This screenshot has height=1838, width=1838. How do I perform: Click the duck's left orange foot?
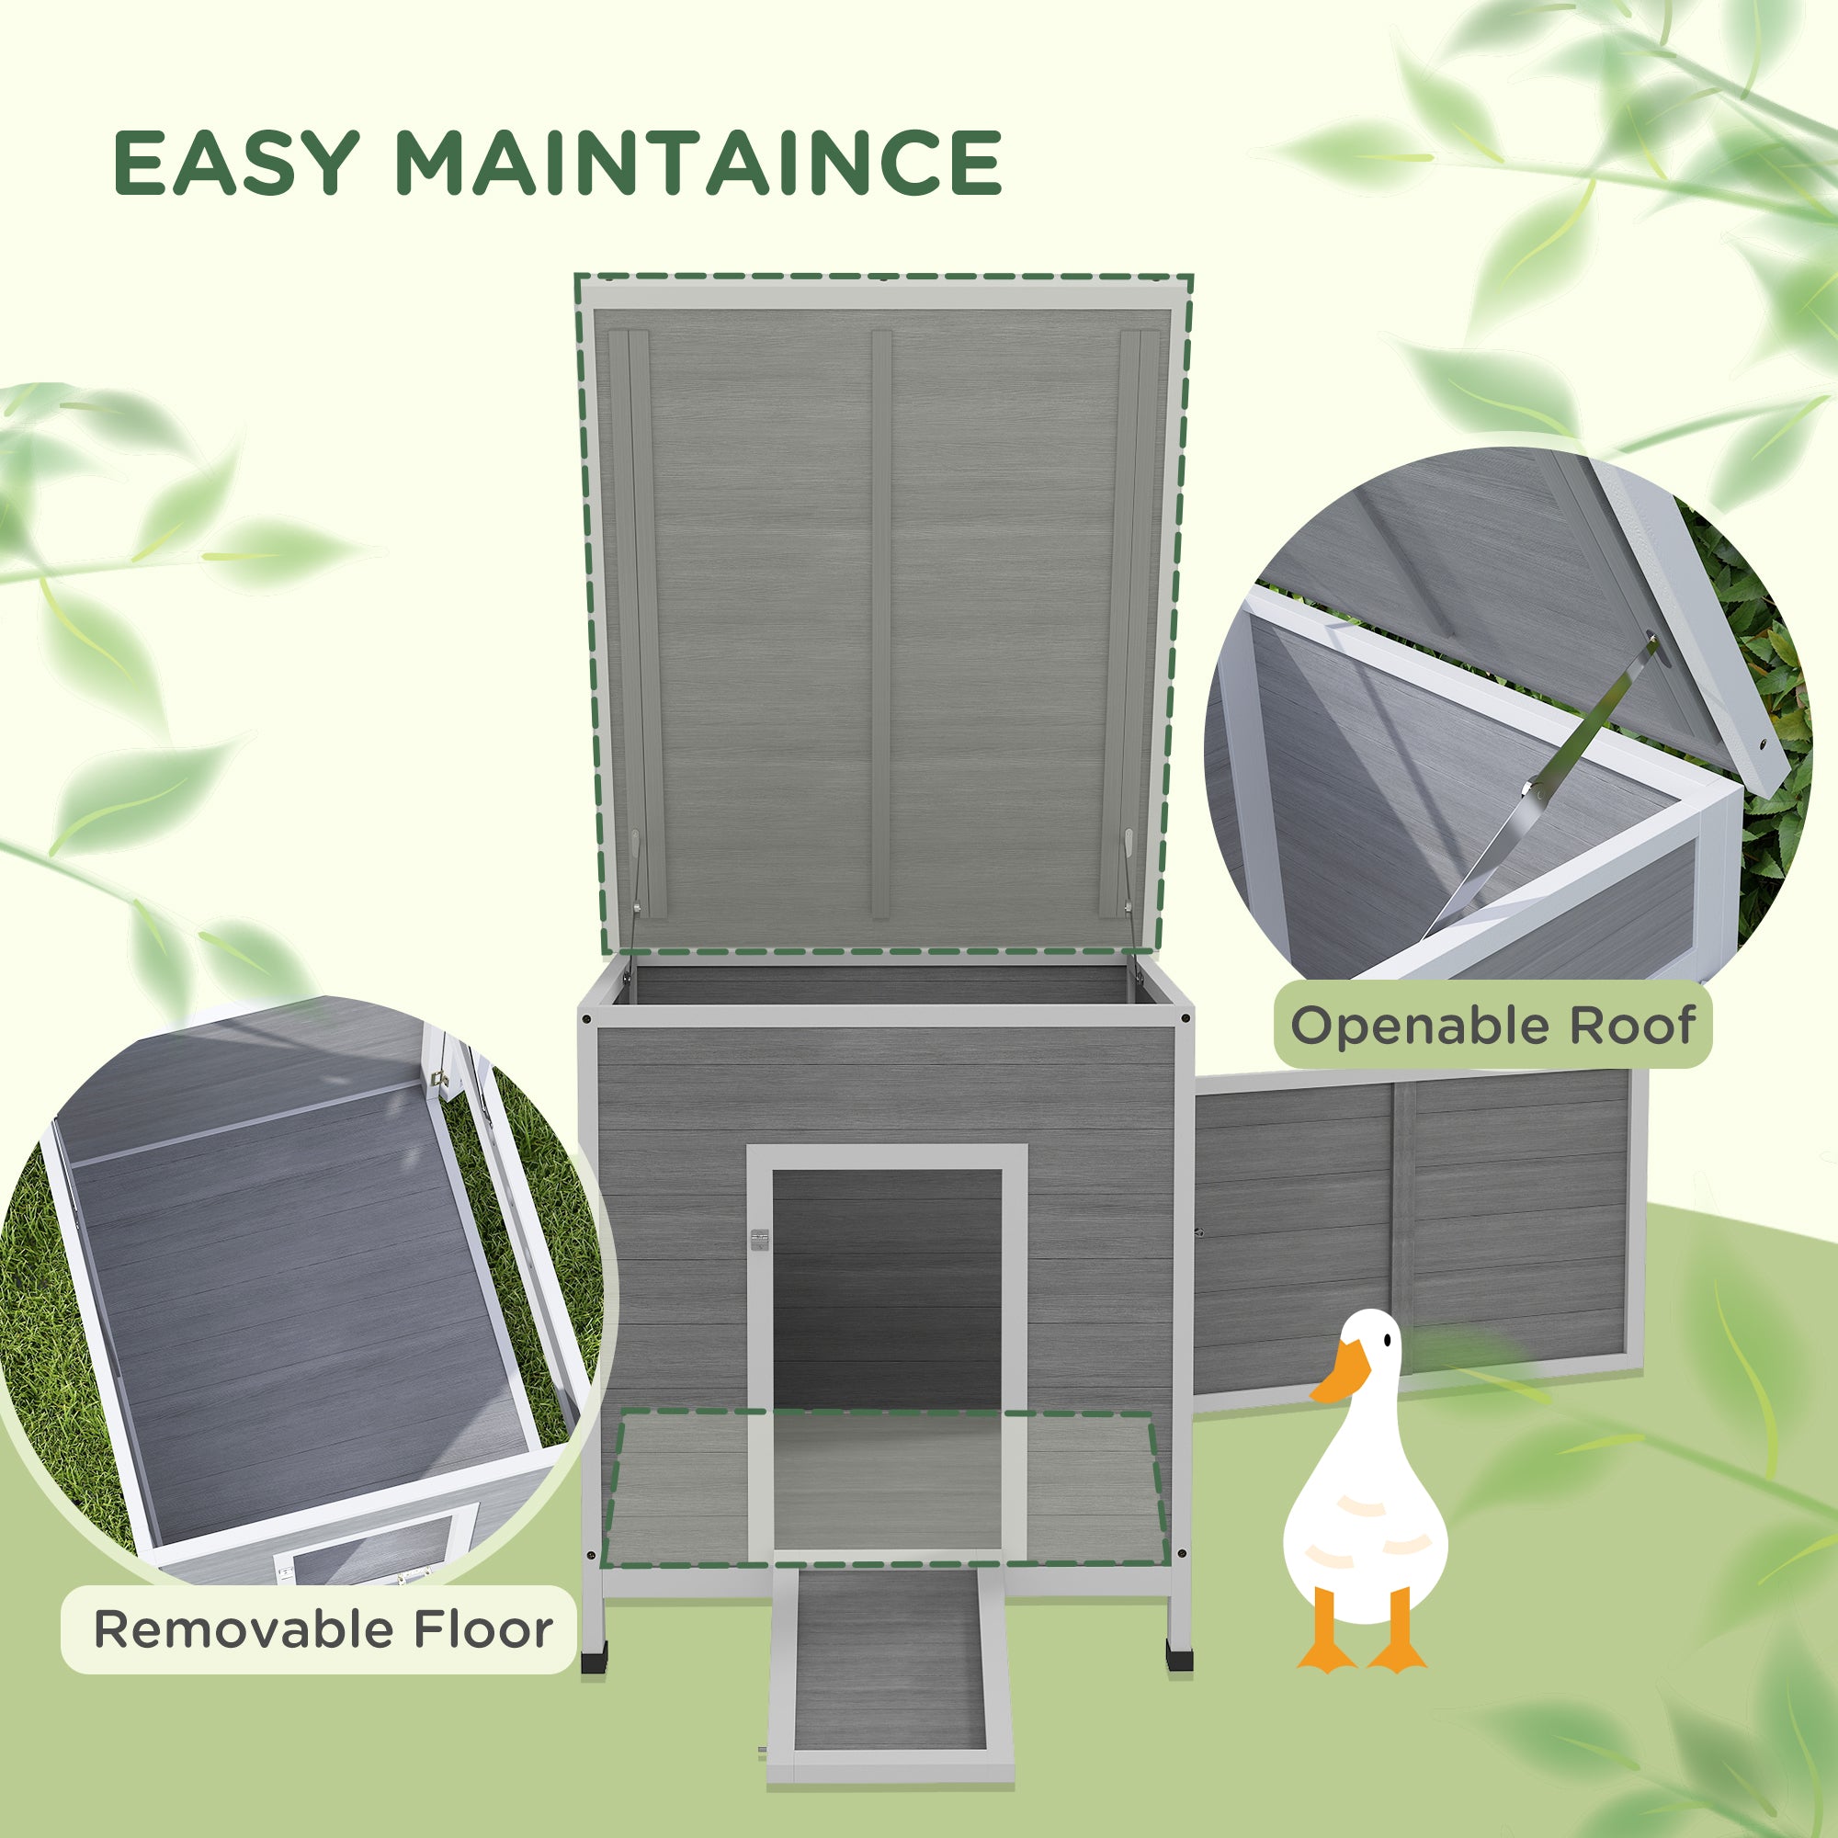coord(1326,1655)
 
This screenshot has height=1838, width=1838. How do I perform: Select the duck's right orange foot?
coord(1397,1655)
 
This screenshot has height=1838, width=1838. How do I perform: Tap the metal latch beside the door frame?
coord(758,1239)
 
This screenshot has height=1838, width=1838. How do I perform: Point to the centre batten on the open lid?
coord(881,623)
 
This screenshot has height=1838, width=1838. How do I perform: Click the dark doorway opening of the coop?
coord(887,1322)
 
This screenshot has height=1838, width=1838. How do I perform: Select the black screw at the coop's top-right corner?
coord(1184,1019)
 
